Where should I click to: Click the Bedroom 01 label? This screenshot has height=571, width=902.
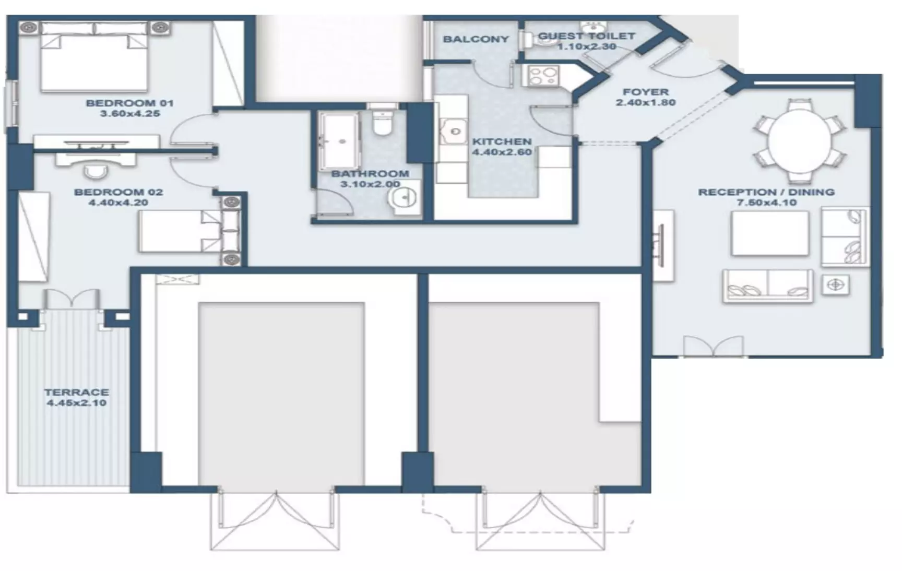click(x=129, y=103)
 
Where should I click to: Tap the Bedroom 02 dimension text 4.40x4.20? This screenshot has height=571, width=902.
click(x=118, y=203)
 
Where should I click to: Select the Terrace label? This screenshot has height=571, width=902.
click(x=76, y=392)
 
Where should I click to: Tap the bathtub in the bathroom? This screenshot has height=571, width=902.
click(x=340, y=140)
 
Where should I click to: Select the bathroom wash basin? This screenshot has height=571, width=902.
click(x=405, y=198)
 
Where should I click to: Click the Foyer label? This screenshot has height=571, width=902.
click(x=646, y=92)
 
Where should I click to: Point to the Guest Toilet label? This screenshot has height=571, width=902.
click(x=586, y=36)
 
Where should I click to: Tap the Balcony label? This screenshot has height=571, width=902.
click(x=476, y=39)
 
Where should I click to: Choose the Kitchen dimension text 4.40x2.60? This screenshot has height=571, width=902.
click(x=502, y=152)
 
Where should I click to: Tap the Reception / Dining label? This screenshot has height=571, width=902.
click(x=766, y=192)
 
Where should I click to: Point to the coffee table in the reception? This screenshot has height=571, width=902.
click(x=770, y=233)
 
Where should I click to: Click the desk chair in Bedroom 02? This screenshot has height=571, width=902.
click(x=94, y=171)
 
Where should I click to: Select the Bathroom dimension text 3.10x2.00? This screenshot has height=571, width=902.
click(x=370, y=184)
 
